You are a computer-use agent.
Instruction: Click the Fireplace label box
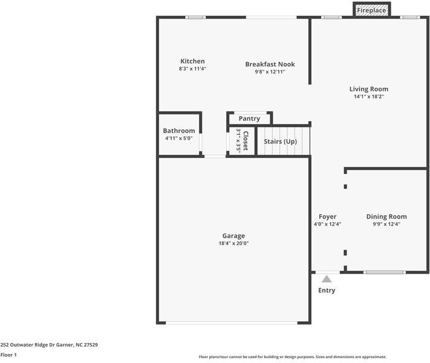371,10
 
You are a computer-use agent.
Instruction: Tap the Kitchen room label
192,61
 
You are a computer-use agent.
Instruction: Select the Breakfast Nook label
270,64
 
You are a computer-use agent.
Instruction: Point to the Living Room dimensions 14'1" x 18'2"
368,97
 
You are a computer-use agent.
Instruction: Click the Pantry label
249,119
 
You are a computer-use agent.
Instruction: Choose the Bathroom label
179,131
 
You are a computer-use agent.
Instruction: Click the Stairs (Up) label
281,142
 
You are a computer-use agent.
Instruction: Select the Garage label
233,236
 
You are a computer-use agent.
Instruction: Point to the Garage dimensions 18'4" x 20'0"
233,243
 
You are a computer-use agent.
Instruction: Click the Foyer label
327,217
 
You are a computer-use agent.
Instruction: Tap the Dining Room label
386,217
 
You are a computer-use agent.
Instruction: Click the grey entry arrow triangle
327,279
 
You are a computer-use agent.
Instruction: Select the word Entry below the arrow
327,290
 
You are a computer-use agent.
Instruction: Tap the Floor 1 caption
8,355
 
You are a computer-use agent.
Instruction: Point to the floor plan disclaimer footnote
292,357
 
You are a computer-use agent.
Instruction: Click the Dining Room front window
385,272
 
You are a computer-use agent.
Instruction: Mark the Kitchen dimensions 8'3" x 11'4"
192,69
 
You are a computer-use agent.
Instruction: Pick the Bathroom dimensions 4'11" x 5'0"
179,139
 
